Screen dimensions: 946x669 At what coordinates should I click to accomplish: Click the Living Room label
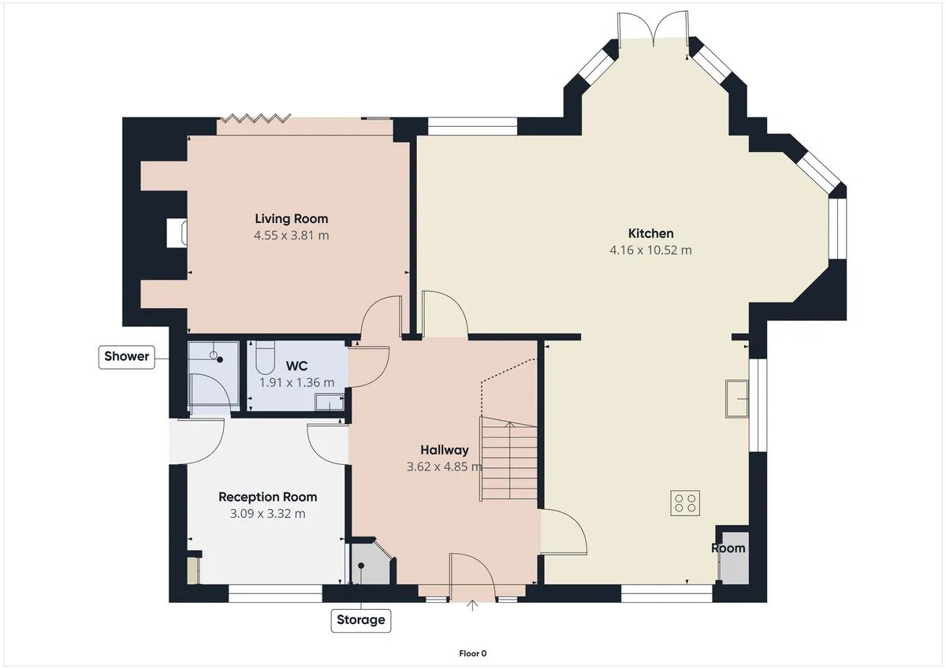(x=292, y=218)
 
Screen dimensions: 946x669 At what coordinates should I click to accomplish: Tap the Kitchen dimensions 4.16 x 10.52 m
(x=651, y=251)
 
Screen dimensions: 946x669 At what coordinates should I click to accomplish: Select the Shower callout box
(x=127, y=357)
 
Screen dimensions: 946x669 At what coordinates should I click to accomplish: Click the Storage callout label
(x=361, y=620)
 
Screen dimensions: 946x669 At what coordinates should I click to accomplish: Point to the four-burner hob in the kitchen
(x=685, y=503)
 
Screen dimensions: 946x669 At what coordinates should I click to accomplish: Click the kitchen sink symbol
(x=737, y=399)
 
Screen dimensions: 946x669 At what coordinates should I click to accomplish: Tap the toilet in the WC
(x=265, y=357)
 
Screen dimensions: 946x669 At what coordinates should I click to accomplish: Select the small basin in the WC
(x=330, y=402)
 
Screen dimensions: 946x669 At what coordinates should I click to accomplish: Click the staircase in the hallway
(x=508, y=459)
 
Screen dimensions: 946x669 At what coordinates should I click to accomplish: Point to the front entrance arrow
(x=472, y=606)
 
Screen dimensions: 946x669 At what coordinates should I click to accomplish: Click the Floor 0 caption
(x=473, y=654)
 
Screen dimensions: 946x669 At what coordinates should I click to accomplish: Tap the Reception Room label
(x=268, y=496)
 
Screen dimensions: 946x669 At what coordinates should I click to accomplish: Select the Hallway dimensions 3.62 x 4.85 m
(x=445, y=466)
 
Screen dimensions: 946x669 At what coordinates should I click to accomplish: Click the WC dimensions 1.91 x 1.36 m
(x=297, y=383)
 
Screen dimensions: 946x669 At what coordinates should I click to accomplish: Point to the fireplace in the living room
(x=177, y=232)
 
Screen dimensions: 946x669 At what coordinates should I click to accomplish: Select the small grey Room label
(x=728, y=548)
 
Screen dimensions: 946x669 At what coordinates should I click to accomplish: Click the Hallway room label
(x=445, y=450)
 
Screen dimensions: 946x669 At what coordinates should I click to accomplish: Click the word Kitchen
(x=651, y=233)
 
